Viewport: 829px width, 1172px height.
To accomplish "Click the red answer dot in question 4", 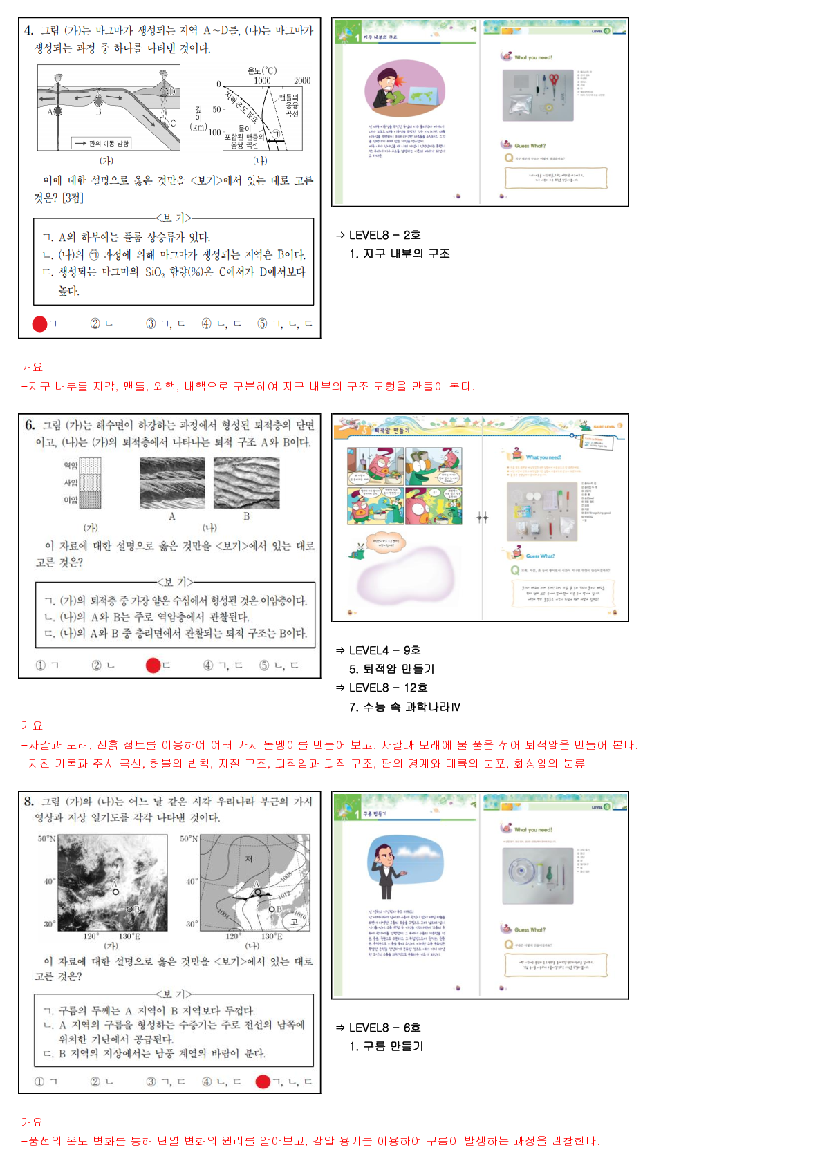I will click(40, 323).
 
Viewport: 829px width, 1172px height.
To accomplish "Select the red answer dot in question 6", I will click(153, 665).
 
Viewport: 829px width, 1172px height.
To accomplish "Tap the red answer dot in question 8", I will click(263, 1081).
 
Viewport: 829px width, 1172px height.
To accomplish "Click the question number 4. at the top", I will click(28, 30).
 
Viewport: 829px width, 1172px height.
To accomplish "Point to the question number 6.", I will click(30, 425).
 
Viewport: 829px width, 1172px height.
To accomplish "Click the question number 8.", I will click(28, 802).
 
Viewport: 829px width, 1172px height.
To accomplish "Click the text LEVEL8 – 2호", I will click(384, 235).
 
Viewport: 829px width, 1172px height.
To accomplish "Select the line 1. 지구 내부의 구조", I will click(400, 254).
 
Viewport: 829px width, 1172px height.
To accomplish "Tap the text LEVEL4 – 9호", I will click(384, 650).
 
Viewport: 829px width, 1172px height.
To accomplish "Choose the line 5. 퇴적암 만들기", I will click(391, 669).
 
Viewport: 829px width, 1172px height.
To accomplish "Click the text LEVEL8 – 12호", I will click(388, 688).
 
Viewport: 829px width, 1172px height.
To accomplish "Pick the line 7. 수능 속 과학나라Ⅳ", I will click(404, 707).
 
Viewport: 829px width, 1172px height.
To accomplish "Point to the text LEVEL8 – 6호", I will click(384, 1028).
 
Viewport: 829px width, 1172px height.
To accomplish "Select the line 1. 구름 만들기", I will click(386, 1046).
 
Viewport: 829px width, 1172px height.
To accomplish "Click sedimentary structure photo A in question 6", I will click(172, 483).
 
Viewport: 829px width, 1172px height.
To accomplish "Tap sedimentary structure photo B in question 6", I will click(246, 483).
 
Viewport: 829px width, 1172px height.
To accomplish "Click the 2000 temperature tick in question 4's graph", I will click(302, 81).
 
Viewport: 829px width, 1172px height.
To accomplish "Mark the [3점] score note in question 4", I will click(73, 198).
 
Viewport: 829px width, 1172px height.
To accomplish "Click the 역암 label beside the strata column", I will click(71, 466).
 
